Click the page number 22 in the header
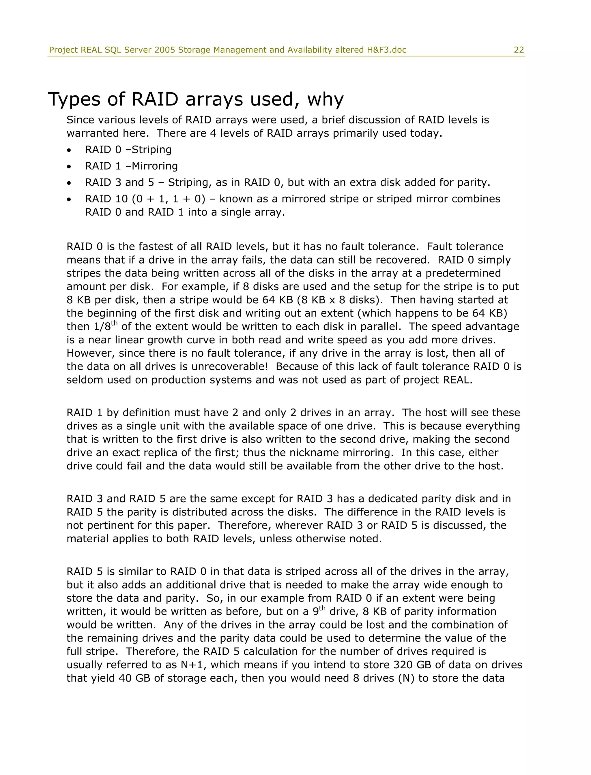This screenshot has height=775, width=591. point(519,50)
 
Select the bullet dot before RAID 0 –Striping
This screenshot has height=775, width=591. point(69,151)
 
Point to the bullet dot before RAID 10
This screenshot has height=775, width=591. point(69,200)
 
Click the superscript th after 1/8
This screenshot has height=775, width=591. point(114,323)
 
